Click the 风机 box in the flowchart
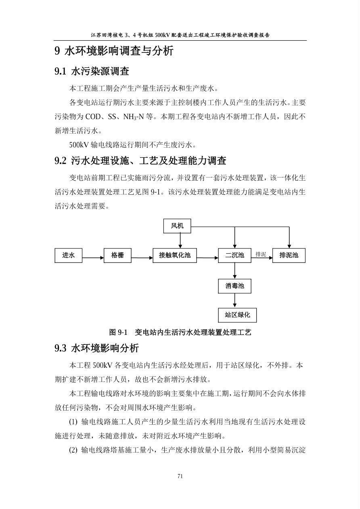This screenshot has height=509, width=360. pyautogui.click(x=177, y=226)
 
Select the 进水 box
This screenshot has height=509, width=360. pyautogui.click(x=69, y=255)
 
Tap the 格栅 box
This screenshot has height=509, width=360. pyautogui.click(x=118, y=255)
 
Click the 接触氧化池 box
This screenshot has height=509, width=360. pyautogui.click(x=175, y=255)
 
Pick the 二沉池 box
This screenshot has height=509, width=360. pyautogui.click(x=234, y=255)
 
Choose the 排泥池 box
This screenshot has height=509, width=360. pyautogui.click(x=289, y=255)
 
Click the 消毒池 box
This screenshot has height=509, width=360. pyautogui.click(x=234, y=286)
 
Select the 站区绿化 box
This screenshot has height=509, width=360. pyautogui.click(x=237, y=315)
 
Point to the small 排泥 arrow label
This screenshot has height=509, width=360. pyautogui.click(x=261, y=254)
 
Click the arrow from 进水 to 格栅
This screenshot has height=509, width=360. pyautogui.click(x=93, y=257)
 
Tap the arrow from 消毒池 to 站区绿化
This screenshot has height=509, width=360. pyautogui.click(x=234, y=300)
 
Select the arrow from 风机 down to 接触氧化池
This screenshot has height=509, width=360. pyautogui.click(x=180, y=241)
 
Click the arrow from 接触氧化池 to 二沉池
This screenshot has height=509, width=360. pyautogui.click(x=207, y=257)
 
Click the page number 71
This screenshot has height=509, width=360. pyautogui.click(x=180, y=476)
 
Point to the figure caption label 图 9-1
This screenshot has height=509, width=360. pyautogui.click(x=118, y=332)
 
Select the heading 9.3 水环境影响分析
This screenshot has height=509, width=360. pyautogui.click(x=96, y=348)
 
